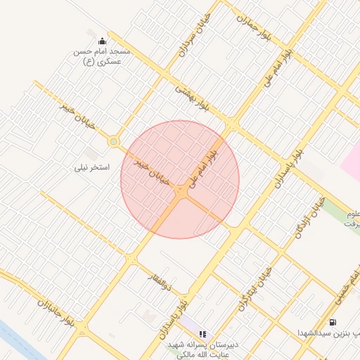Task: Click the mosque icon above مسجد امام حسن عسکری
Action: pos(103,41)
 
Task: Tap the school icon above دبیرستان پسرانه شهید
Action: pos(202,335)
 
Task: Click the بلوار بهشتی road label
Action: pos(193,99)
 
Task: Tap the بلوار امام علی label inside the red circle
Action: pos(203,162)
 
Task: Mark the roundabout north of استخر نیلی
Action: pos(113,142)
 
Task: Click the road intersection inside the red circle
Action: pos(181,191)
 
